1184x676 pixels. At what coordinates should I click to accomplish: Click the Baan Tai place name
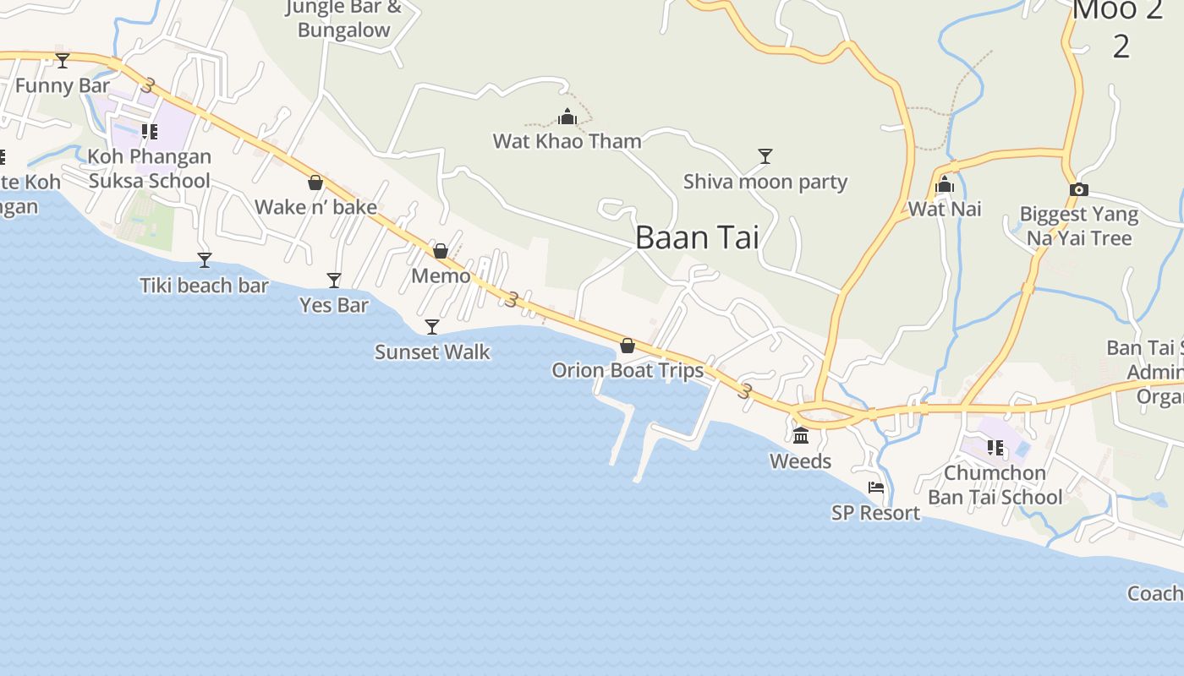click(697, 237)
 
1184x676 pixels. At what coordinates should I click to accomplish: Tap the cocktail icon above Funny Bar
click(63, 60)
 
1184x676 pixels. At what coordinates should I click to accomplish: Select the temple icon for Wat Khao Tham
click(567, 117)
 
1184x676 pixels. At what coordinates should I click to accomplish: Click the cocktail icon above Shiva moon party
click(765, 156)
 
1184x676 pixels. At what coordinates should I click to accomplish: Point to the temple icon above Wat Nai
click(945, 185)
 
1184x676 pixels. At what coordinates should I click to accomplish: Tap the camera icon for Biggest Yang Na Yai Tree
click(1078, 189)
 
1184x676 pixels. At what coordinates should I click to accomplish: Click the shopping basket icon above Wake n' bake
click(315, 183)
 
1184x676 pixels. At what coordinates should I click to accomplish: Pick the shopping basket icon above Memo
click(441, 251)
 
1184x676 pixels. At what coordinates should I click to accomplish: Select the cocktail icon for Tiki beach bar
click(205, 259)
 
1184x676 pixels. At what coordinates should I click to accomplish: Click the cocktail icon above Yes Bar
click(334, 280)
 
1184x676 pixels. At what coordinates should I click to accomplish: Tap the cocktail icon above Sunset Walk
click(432, 326)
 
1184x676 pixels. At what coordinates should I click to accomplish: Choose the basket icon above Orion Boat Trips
click(628, 346)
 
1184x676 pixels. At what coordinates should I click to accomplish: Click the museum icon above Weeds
click(801, 436)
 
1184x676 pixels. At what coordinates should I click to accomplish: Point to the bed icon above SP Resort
click(876, 488)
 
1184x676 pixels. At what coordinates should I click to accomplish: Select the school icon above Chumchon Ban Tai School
click(995, 448)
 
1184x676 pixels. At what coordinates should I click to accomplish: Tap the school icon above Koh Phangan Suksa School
click(150, 131)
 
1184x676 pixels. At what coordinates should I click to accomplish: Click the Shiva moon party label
click(765, 182)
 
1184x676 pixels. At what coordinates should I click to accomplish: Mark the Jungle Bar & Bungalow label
click(343, 19)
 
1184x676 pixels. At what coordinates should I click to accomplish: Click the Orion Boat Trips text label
click(628, 370)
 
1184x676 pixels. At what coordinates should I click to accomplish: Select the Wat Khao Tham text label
click(567, 141)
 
